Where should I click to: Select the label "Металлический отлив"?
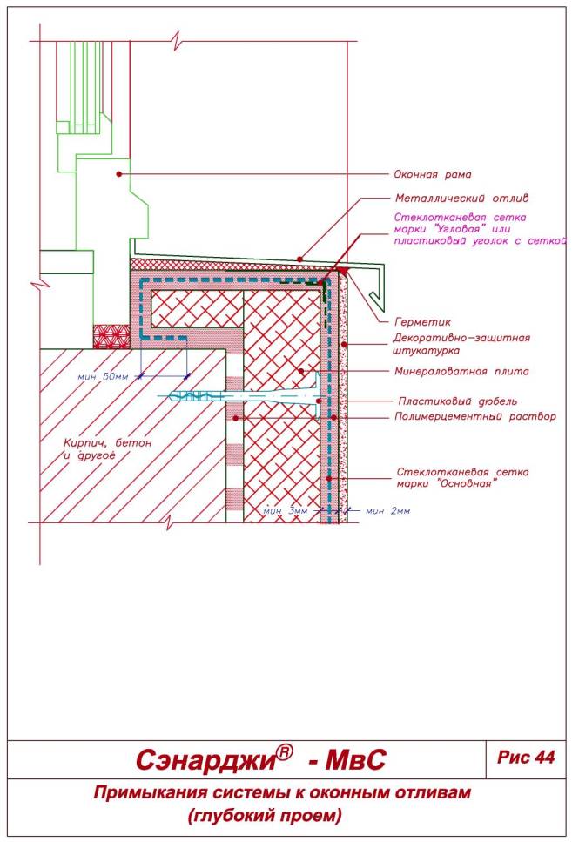(450, 198)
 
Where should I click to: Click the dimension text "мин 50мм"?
(103, 376)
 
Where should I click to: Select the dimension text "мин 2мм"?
(387, 510)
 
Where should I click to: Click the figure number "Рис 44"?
(526, 758)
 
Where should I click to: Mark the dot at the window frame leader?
(118, 174)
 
